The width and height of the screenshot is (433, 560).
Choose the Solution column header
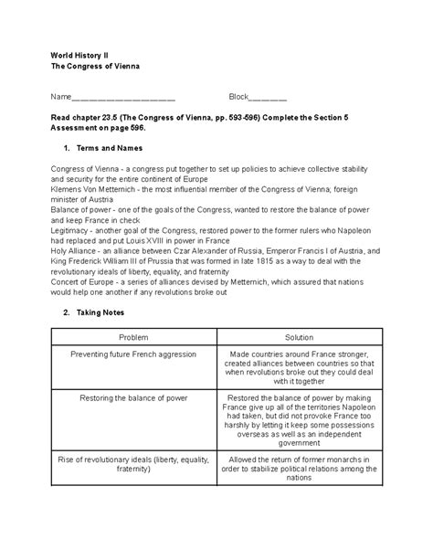click(299, 337)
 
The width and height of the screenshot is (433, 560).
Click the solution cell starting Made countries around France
click(299, 366)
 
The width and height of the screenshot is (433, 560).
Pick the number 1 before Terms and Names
click(67, 147)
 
